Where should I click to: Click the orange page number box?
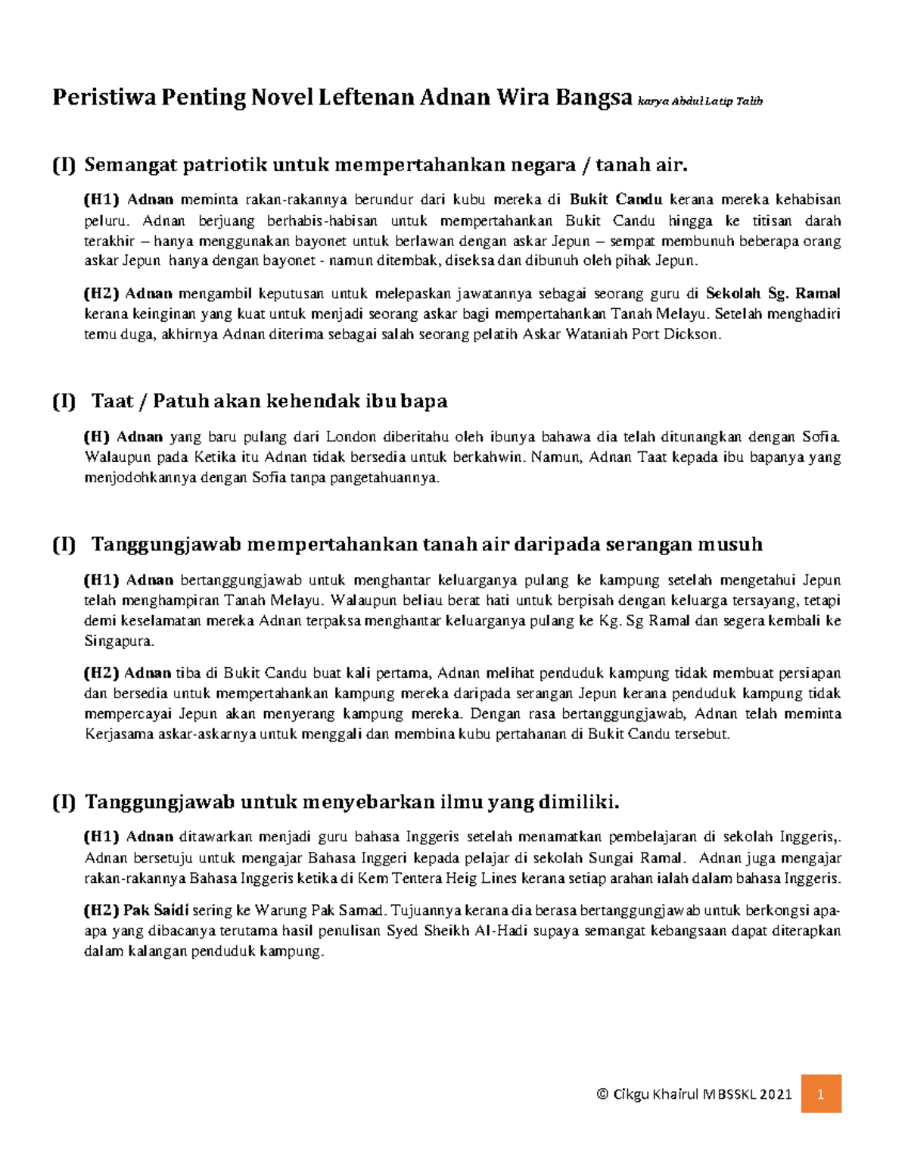(x=821, y=1093)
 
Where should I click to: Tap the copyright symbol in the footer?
(x=602, y=1094)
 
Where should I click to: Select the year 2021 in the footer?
(x=776, y=1094)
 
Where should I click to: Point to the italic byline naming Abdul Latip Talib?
(x=700, y=101)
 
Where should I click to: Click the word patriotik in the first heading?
(x=223, y=164)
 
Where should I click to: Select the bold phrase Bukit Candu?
(x=616, y=200)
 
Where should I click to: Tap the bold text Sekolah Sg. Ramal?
(x=773, y=294)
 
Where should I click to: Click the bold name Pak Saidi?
(x=157, y=910)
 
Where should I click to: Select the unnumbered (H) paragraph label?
(x=97, y=437)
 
